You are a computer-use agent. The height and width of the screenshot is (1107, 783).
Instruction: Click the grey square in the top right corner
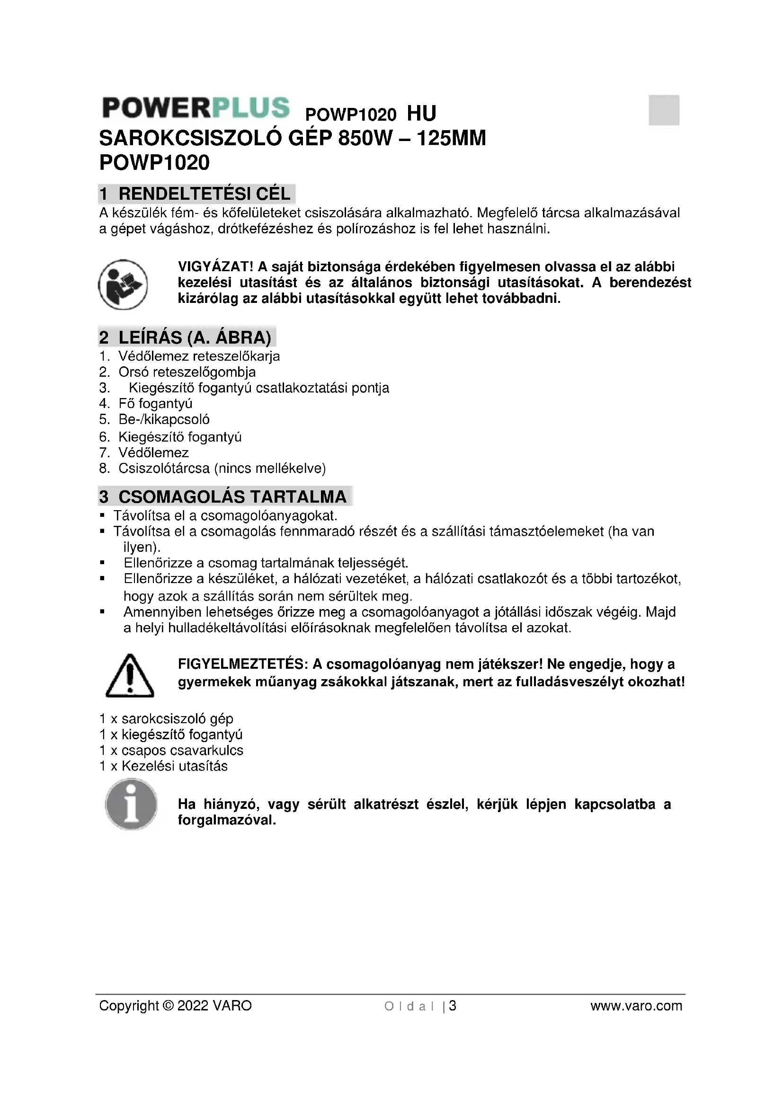tap(663, 110)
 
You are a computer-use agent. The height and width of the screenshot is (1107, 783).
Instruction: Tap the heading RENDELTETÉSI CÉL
tap(204, 194)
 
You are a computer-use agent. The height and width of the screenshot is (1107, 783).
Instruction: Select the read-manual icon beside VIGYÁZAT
tap(123, 284)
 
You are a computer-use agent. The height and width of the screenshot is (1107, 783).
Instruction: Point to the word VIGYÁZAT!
tap(215, 266)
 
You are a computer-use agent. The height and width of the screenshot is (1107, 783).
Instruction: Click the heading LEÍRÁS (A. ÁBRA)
tap(195, 337)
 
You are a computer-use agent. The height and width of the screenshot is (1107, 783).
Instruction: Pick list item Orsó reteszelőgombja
tap(187, 372)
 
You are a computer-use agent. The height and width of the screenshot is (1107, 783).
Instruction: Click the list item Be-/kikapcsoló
tap(163, 419)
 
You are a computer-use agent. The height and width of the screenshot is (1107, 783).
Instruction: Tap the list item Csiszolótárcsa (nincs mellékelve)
tap(222, 468)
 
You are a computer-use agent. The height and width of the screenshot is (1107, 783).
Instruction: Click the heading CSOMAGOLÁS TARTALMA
tap(232, 496)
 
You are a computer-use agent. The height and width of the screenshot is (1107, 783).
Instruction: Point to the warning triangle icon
tap(129, 676)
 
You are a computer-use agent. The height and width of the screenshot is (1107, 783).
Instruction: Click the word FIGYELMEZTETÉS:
tap(242, 664)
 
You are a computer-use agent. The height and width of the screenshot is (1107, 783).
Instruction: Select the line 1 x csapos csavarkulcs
tap(171, 751)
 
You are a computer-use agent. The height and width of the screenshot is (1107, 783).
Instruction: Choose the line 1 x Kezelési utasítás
tap(163, 766)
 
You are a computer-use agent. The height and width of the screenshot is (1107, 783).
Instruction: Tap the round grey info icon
tap(131, 804)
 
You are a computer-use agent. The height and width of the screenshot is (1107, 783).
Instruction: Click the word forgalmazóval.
tap(227, 820)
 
